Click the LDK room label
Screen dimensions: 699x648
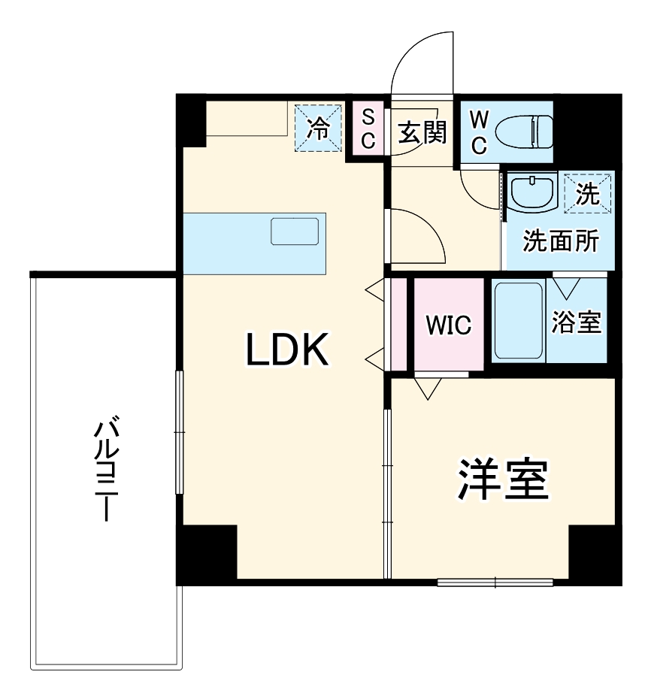(288, 349)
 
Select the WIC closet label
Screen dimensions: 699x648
(448, 325)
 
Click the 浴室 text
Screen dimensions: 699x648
(576, 322)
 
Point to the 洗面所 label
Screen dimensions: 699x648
(561, 242)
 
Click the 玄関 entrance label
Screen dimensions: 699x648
(422, 133)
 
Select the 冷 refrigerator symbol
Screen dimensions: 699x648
(316, 129)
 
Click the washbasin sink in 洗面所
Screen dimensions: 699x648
(533, 193)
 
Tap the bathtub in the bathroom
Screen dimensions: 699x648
(519, 320)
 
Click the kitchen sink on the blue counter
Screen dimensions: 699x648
(295, 231)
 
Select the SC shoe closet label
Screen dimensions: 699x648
(368, 129)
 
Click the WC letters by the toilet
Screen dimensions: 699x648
(478, 132)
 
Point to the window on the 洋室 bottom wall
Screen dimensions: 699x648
(495, 581)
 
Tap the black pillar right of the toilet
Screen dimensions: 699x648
(586, 128)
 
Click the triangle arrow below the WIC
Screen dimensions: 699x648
(428, 389)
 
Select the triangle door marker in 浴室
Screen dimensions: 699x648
(566, 288)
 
